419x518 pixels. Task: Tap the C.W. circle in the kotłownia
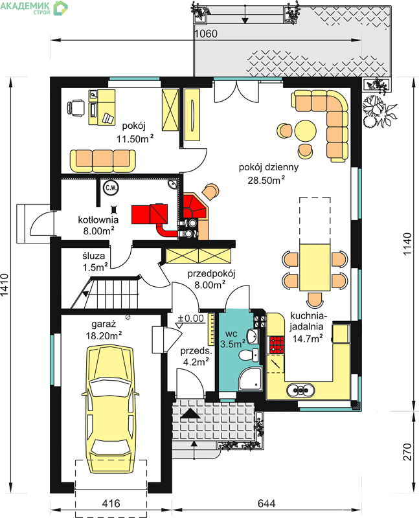[111, 188]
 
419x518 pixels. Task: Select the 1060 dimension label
[205, 34]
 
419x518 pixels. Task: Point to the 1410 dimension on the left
[5, 285]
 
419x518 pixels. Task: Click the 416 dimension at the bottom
[111, 503]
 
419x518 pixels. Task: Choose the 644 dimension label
[266, 503]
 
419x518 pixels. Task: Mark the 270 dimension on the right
[407, 451]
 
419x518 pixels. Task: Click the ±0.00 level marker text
[190, 318]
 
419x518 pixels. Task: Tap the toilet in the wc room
[249, 355]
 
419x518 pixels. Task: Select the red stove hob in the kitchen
[277, 345]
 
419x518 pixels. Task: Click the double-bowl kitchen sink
[300, 390]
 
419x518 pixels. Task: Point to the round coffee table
[305, 131]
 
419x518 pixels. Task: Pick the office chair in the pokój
[76, 108]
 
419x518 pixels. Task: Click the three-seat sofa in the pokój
[103, 161]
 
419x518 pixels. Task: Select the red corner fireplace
[194, 207]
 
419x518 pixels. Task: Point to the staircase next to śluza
[106, 292]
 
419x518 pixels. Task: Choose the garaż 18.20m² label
[104, 330]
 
